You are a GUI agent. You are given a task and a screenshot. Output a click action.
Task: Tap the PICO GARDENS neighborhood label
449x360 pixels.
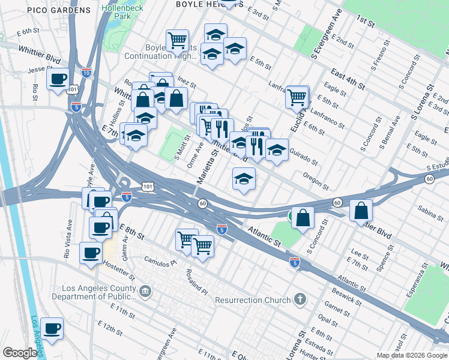point(62,10)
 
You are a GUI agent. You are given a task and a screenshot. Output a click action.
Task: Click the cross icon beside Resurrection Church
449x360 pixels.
point(300,299)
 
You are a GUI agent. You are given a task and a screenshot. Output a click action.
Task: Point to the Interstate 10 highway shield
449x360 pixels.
point(87,73)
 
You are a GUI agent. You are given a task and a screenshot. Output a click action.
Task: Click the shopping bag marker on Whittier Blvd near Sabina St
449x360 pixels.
point(361,212)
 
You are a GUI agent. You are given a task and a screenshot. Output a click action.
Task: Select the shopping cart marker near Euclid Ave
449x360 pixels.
point(297,97)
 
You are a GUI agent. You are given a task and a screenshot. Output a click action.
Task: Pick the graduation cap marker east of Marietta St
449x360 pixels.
point(244,179)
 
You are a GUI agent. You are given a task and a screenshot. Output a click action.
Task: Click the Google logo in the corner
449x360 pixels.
point(20,352)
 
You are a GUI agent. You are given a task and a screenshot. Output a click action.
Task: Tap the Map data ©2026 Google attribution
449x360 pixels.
point(412,355)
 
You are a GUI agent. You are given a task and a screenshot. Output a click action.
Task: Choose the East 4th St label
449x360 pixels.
point(348,79)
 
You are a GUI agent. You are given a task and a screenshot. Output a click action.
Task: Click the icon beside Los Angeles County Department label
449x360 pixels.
point(145,292)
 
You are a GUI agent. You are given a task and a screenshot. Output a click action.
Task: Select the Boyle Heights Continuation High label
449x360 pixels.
point(160,52)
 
